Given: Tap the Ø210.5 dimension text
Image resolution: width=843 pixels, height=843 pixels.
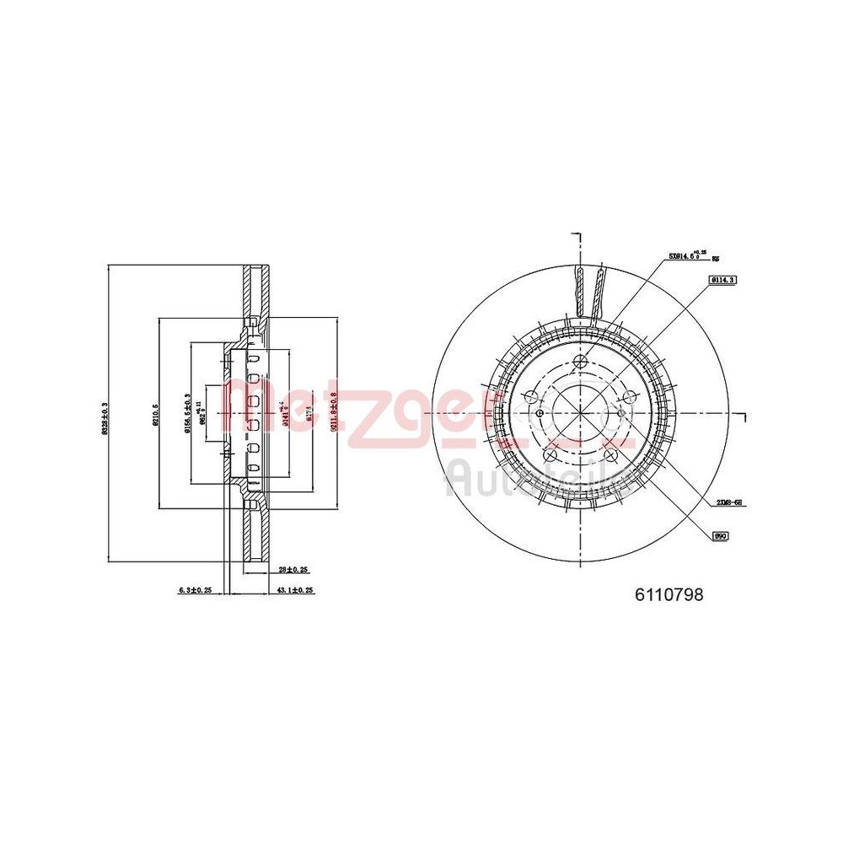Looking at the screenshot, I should click(155, 415).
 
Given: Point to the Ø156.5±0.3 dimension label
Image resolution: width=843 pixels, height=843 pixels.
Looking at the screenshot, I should click(187, 414).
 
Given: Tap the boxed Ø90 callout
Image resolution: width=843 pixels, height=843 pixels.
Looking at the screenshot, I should click(721, 534).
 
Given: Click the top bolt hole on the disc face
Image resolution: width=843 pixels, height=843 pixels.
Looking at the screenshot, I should click(580, 362).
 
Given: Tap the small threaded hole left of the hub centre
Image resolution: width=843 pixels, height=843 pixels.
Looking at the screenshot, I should click(540, 413).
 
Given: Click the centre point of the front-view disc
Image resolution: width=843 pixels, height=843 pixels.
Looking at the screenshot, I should click(580, 413).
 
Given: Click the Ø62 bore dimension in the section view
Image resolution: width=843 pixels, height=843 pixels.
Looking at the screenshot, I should click(199, 414).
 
